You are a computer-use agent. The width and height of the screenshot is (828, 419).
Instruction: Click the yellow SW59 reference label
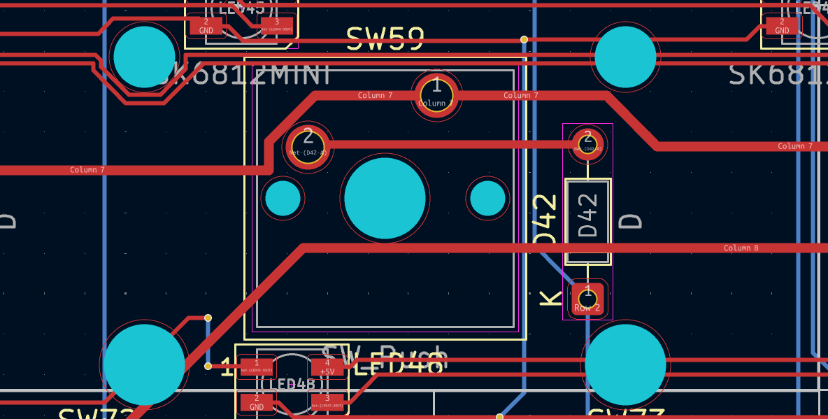pos(385,39)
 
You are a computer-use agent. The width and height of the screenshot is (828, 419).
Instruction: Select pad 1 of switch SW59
pos(436,94)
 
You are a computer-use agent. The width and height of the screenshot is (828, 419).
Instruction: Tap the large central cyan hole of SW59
pos(385,198)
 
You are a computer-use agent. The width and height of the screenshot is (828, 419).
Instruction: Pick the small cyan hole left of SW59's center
pos(283,198)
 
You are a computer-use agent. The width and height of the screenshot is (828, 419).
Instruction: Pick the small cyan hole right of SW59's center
pos(487,198)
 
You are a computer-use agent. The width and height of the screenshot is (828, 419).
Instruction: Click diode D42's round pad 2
pos(587,143)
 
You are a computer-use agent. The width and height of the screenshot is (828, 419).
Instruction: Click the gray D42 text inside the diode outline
pos(589,215)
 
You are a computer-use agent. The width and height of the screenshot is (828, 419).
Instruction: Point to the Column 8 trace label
pos(741,248)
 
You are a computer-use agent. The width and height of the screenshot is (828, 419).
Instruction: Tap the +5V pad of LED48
pos(327,367)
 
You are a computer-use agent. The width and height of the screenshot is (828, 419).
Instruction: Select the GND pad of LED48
pos(257,402)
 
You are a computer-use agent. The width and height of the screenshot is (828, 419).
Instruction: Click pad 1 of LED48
pos(257,367)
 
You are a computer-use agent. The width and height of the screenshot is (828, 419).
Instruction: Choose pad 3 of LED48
pos(327,402)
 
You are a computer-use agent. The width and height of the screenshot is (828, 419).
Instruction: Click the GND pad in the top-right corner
pos(781,26)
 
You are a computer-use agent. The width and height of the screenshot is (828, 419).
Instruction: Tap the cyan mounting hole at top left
pos(144,57)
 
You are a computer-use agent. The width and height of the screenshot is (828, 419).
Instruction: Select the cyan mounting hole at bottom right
pos(625,364)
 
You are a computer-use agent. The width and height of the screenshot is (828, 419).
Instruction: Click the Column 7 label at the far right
pos(795,146)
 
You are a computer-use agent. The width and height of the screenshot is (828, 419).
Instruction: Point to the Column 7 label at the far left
pos(87,170)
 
